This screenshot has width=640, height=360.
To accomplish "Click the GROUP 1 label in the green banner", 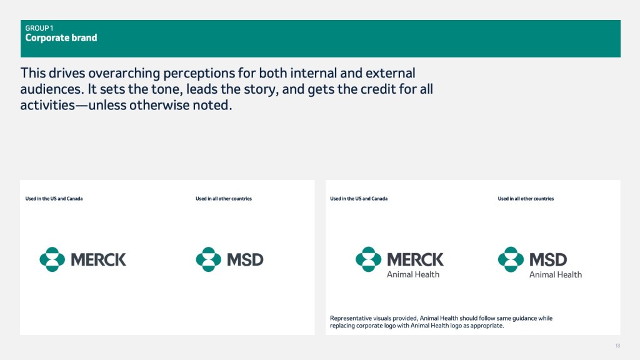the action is point(39,28).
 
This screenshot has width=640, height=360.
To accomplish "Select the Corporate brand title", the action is point(61,38).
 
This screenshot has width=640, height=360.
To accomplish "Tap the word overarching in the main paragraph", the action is point(124,73).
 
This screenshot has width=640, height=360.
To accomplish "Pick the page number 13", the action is point(617,346).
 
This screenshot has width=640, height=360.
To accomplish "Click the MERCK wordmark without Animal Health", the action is point(98,259).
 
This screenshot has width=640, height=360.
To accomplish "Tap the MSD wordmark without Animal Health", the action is point(245,259).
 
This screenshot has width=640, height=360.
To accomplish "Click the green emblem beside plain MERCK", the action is point(52,259).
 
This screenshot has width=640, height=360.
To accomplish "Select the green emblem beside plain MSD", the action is point(209,259).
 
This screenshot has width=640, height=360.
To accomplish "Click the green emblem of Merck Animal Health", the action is point(368,259).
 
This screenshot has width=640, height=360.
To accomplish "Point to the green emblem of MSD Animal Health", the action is point(511,259).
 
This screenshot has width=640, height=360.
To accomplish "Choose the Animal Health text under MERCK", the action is point(413,275).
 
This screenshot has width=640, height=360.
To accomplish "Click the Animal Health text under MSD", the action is point(556,275).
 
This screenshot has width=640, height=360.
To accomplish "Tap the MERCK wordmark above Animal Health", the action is point(415,259).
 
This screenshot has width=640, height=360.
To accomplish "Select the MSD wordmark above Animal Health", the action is point(548,259).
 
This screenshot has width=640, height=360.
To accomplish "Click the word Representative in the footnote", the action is point(351,318).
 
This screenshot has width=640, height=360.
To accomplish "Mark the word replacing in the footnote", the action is point(342,326).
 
